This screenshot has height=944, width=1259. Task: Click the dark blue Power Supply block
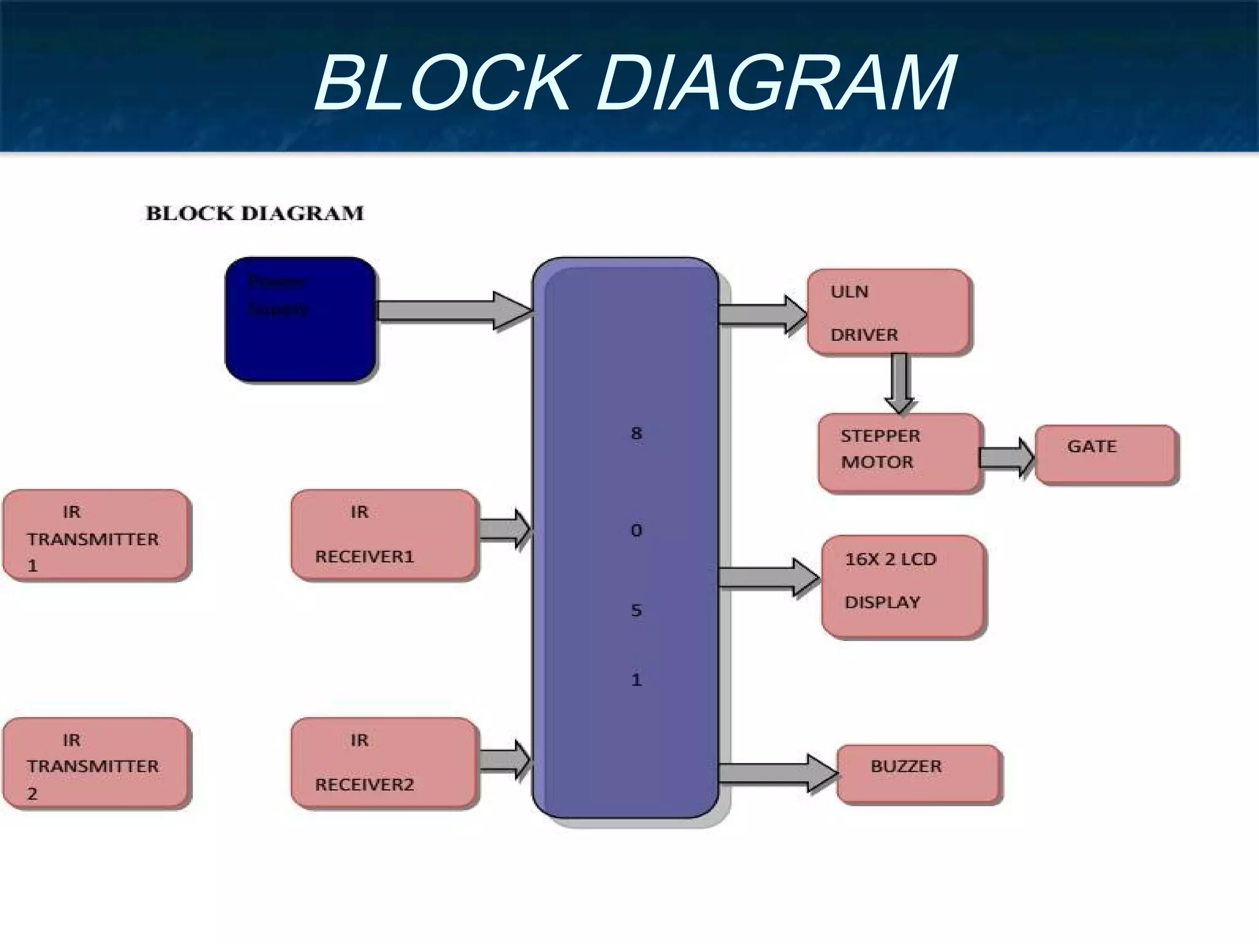click(x=300, y=320)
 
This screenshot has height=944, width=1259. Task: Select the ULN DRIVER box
click(x=889, y=312)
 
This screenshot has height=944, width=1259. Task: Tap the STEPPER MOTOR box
click(x=899, y=452)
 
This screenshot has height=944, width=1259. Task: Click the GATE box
click(x=1106, y=454)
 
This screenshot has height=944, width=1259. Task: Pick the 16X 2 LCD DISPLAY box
click(x=903, y=586)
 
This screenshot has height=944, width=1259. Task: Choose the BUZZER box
click(x=918, y=774)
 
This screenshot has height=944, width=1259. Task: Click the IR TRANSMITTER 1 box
click(x=96, y=535)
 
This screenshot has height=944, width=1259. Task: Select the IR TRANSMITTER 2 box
click(x=96, y=762)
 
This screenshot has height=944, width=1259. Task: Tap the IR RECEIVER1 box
click(x=384, y=535)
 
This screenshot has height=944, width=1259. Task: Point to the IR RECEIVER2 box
click(x=384, y=762)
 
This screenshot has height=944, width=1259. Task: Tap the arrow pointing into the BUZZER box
click(x=777, y=773)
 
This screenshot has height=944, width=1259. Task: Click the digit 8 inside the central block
click(x=636, y=433)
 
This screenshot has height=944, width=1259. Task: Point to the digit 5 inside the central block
click(x=636, y=610)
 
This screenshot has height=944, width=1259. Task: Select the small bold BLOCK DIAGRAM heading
click(x=255, y=213)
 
